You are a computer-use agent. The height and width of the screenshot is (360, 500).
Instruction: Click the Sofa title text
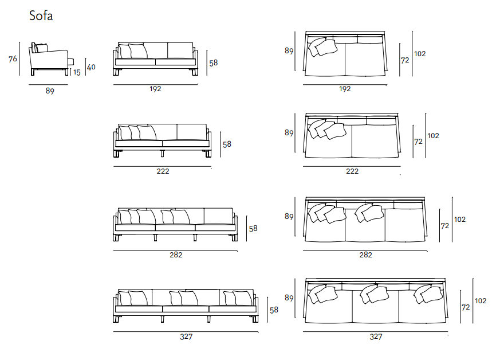(41, 15)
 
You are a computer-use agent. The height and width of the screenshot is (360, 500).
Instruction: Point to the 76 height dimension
(13, 59)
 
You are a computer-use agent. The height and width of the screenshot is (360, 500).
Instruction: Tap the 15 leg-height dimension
(77, 73)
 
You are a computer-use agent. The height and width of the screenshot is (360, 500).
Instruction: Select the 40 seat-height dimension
(91, 67)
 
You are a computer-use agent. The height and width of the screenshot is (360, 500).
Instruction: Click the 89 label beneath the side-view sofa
(50, 91)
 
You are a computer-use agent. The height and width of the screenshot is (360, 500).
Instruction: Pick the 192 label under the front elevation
(155, 89)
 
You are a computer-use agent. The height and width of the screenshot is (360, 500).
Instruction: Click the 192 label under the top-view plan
(345, 89)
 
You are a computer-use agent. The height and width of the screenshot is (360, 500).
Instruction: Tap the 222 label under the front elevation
(163, 171)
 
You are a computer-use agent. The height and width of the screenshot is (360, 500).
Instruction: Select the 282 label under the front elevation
(176, 255)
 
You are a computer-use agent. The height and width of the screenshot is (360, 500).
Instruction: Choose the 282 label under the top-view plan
(365, 255)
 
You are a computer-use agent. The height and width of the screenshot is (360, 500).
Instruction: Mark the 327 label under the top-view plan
(376, 336)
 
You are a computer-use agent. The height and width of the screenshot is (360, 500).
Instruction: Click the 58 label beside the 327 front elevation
(274, 310)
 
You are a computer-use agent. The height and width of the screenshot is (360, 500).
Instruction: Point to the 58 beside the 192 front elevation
(213, 63)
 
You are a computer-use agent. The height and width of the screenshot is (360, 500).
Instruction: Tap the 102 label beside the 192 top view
(420, 54)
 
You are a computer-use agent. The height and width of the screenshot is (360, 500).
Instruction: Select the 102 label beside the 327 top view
(481, 301)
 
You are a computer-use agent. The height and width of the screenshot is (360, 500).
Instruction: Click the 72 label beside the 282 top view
(445, 226)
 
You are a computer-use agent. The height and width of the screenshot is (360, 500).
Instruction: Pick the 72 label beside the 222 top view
(418, 142)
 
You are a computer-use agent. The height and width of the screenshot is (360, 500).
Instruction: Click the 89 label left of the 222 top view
(289, 133)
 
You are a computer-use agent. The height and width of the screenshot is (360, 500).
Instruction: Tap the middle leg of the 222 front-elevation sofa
(162, 154)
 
